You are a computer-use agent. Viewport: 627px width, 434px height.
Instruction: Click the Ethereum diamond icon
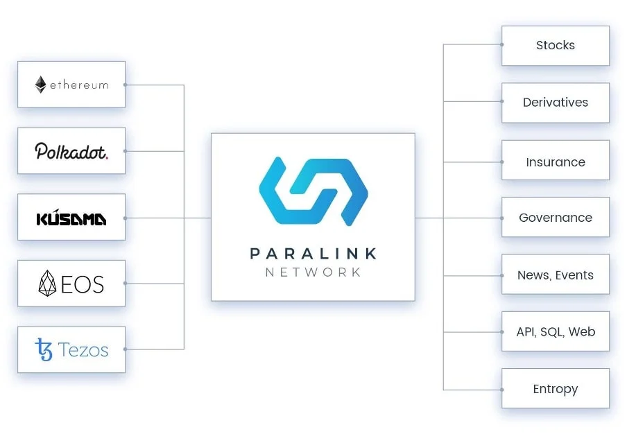[x=41, y=85]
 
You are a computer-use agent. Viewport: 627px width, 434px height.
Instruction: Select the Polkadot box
[x=71, y=150]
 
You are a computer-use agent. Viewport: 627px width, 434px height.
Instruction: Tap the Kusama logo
[x=71, y=219]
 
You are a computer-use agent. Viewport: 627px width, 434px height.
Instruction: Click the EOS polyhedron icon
[x=46, y=284]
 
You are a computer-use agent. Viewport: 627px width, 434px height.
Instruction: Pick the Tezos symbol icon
[x=44, y=349]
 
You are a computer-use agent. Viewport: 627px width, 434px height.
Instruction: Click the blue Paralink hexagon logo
[x=313, y=191]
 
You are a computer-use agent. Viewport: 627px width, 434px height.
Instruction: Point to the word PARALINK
[x=313, y=254]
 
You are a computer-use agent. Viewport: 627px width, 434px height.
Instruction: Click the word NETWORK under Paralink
[x=313, y=272]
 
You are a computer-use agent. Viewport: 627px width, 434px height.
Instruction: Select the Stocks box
[x=555, y=46]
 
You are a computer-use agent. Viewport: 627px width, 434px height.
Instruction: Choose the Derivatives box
[x=555, y=103]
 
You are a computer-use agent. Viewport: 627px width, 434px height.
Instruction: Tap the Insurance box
[x=555, y=162]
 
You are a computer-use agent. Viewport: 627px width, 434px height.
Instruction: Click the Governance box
[x=555, y=218]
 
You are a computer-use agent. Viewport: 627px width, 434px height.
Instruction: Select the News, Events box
[x=555, y=275]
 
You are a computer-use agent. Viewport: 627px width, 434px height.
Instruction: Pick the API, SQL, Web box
[x=555, y=332]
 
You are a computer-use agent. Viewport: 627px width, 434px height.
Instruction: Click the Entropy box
[x=555, y=389]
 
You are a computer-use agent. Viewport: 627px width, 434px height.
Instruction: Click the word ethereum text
[x=79, y=85]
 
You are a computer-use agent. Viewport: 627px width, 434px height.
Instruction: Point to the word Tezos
[x=83, y=350]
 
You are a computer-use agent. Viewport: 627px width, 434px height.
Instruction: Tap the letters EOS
[x=82, y=284]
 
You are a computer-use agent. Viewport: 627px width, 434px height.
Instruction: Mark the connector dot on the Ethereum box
[x=125, y=85]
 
